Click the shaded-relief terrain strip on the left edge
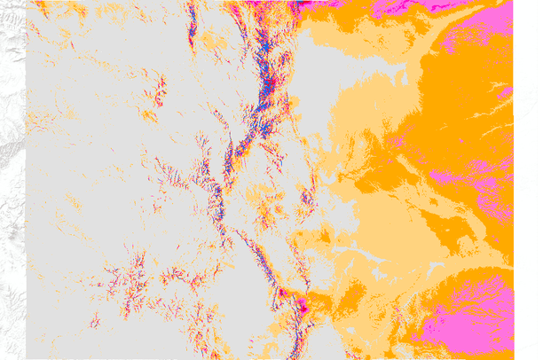tap(11, 177)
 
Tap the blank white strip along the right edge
tap(528, 177)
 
